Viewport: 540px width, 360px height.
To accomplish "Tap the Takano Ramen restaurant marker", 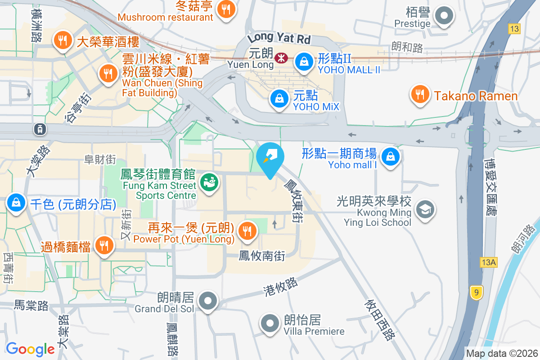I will coord(419,94).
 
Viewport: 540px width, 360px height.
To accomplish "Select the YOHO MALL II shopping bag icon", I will coord(304,62).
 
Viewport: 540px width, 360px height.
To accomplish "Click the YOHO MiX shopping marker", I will coord(279,98).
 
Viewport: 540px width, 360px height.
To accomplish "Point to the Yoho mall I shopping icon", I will coord(390,157).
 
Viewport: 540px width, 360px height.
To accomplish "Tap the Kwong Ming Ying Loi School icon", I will coord(424,209).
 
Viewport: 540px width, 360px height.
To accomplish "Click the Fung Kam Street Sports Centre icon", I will coord(210,183).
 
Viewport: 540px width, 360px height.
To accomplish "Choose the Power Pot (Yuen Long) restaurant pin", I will coord(247,231).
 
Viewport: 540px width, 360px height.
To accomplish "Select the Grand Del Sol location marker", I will coord(208,301).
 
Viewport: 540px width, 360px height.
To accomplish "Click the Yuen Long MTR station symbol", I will coord(282,58).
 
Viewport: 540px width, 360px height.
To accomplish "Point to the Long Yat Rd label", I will coord(279,36).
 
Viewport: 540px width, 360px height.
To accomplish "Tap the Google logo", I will coord(30,349).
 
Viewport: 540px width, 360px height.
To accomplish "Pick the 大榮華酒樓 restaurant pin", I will coord(63,40).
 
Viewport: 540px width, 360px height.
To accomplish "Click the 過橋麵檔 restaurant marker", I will coord(104,245).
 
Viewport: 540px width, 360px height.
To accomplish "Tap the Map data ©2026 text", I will coord(501,354).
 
